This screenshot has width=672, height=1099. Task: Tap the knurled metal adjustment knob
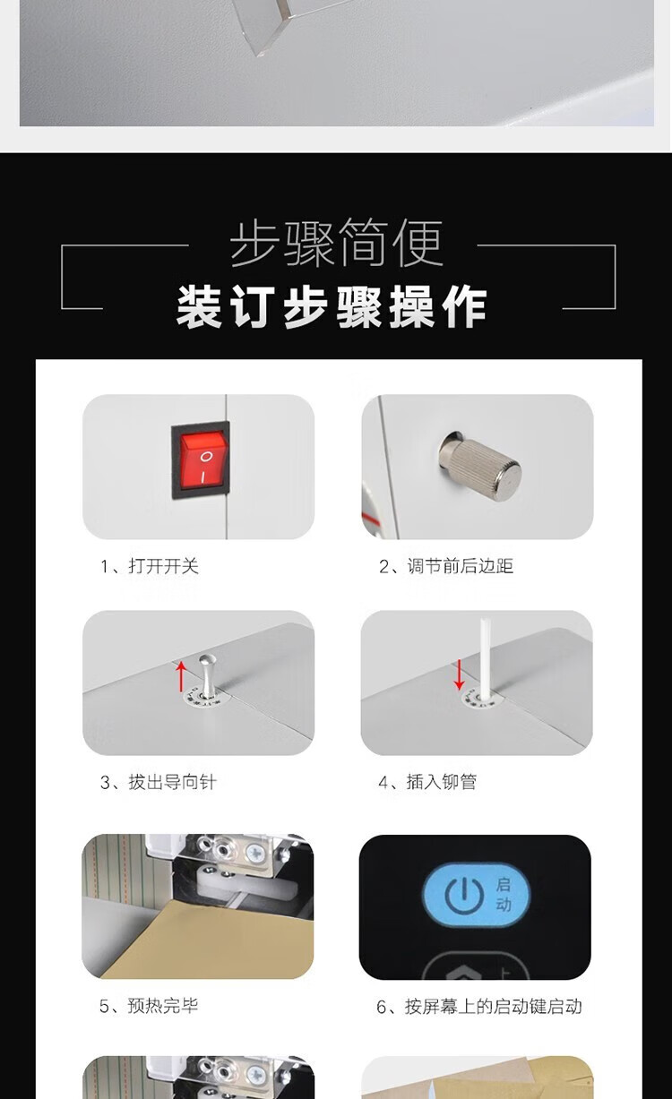479,463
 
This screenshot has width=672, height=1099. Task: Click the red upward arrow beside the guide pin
182,676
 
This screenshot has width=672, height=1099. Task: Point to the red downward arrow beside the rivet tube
459,674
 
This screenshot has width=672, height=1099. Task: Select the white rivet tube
485,657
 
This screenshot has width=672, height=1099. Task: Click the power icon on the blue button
464,896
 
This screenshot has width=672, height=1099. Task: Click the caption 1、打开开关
150,566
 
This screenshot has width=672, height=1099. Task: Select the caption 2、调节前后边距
445,566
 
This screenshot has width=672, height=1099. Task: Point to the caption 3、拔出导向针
158,782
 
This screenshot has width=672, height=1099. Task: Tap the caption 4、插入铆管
427,782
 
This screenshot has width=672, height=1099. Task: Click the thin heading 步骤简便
337,243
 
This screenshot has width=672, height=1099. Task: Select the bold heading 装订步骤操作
332,307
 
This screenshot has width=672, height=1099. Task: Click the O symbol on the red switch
206,457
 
